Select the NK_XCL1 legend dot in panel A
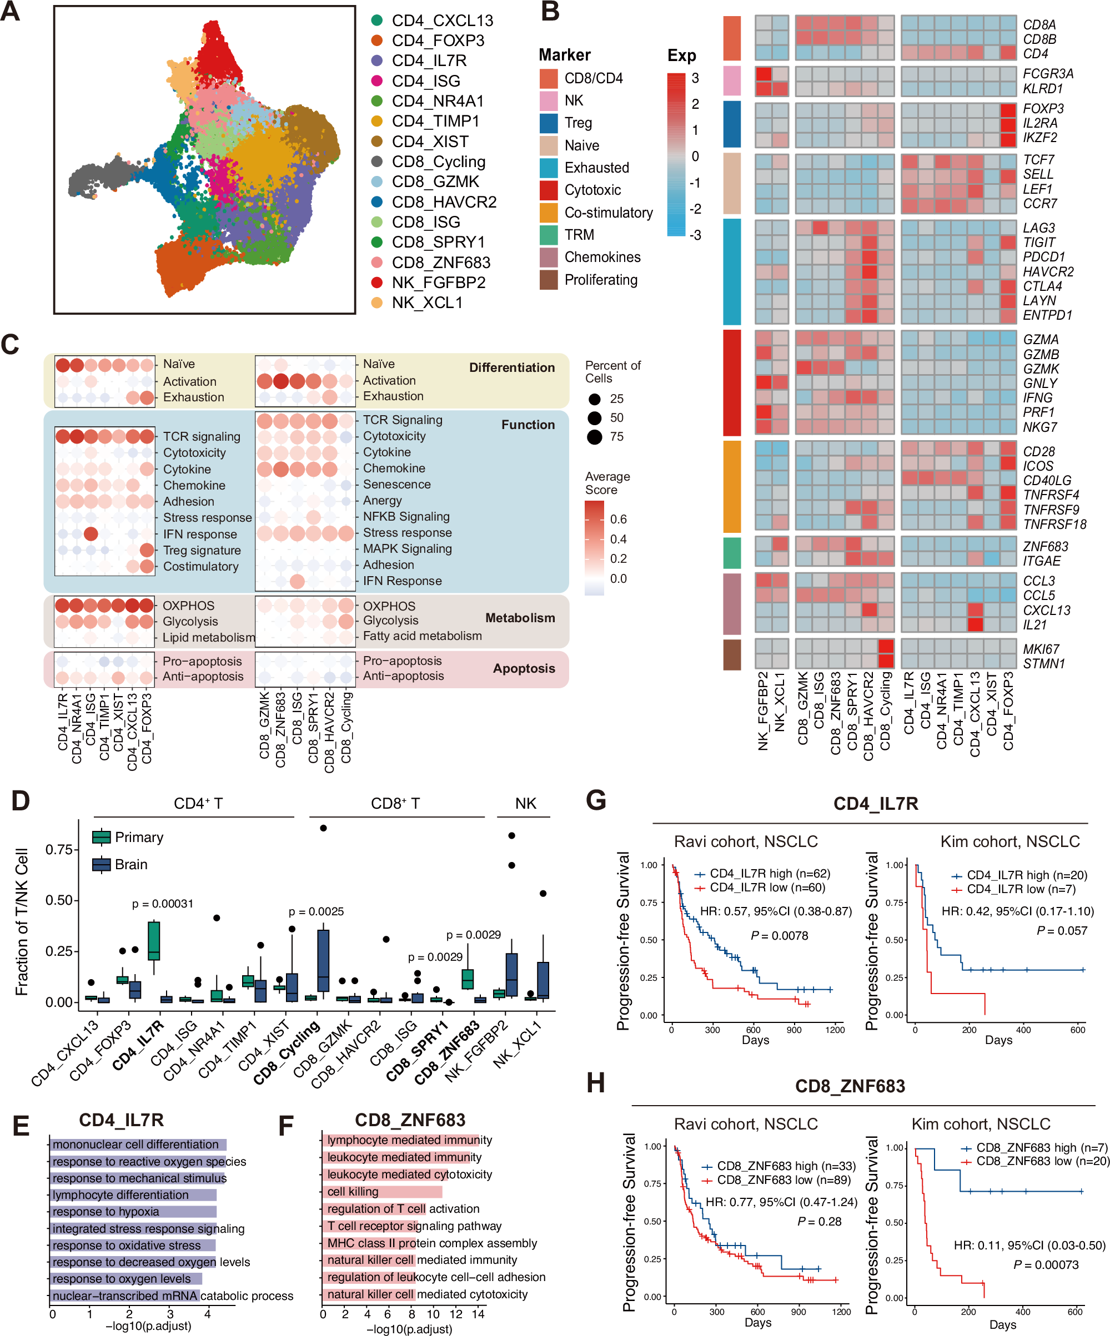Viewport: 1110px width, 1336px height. click(x=377, y=303)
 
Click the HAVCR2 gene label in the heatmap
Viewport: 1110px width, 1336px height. click(x=1048, y=271)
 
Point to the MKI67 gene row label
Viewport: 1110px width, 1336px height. click(x=1041, y=649)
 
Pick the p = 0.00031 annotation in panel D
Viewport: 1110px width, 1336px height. click(x=162, y=904)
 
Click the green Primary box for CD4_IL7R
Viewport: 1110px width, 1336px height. click(x=153, y=940)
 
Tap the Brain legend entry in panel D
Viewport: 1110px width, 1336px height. click(x=130, y=865)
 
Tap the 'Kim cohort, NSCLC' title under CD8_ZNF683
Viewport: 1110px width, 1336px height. click(x=980, y=1123)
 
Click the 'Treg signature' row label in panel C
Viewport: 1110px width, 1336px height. click(x=202, y=550)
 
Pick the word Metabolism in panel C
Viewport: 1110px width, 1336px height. click(x=519, y=618)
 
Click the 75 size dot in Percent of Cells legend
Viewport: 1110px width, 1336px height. click(x=595, y=437)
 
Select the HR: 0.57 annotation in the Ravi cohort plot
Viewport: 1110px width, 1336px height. click(x=775, y=911)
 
